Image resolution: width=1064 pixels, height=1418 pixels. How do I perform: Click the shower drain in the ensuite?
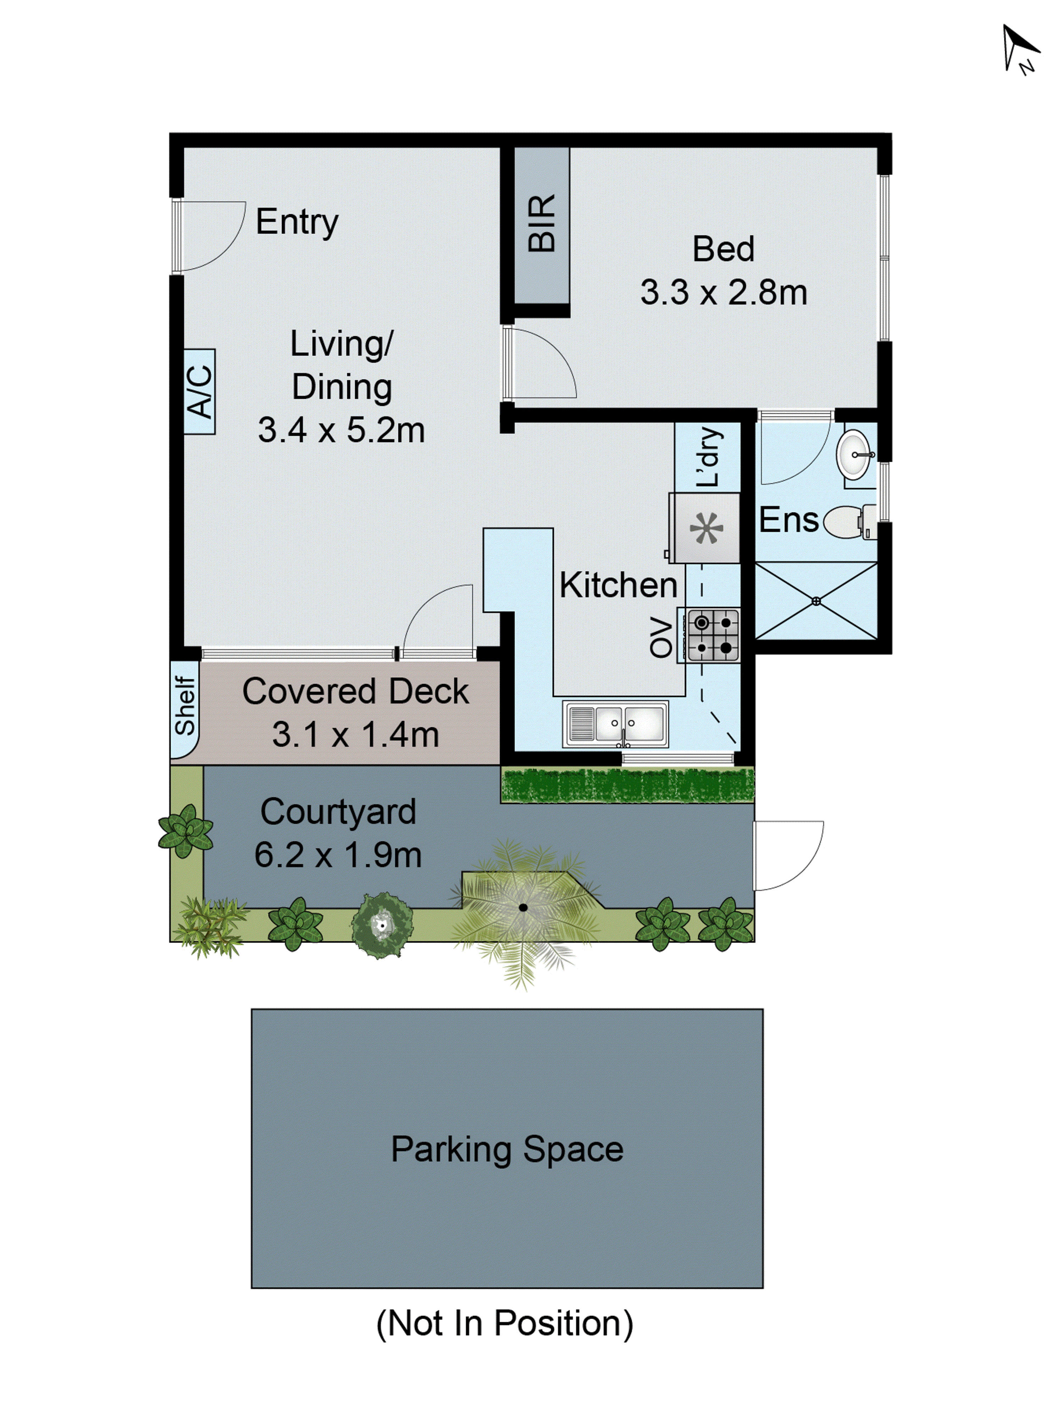[x=816, y=601]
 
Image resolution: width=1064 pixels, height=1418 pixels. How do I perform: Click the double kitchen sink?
[x=616, y=723]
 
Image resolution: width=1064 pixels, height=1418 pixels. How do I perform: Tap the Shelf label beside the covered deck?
[x=185, y=706]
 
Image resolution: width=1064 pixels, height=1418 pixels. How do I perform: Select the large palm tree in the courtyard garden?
[x=523, y=907]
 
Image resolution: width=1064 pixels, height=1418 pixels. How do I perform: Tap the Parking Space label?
[x=507, y=1149]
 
